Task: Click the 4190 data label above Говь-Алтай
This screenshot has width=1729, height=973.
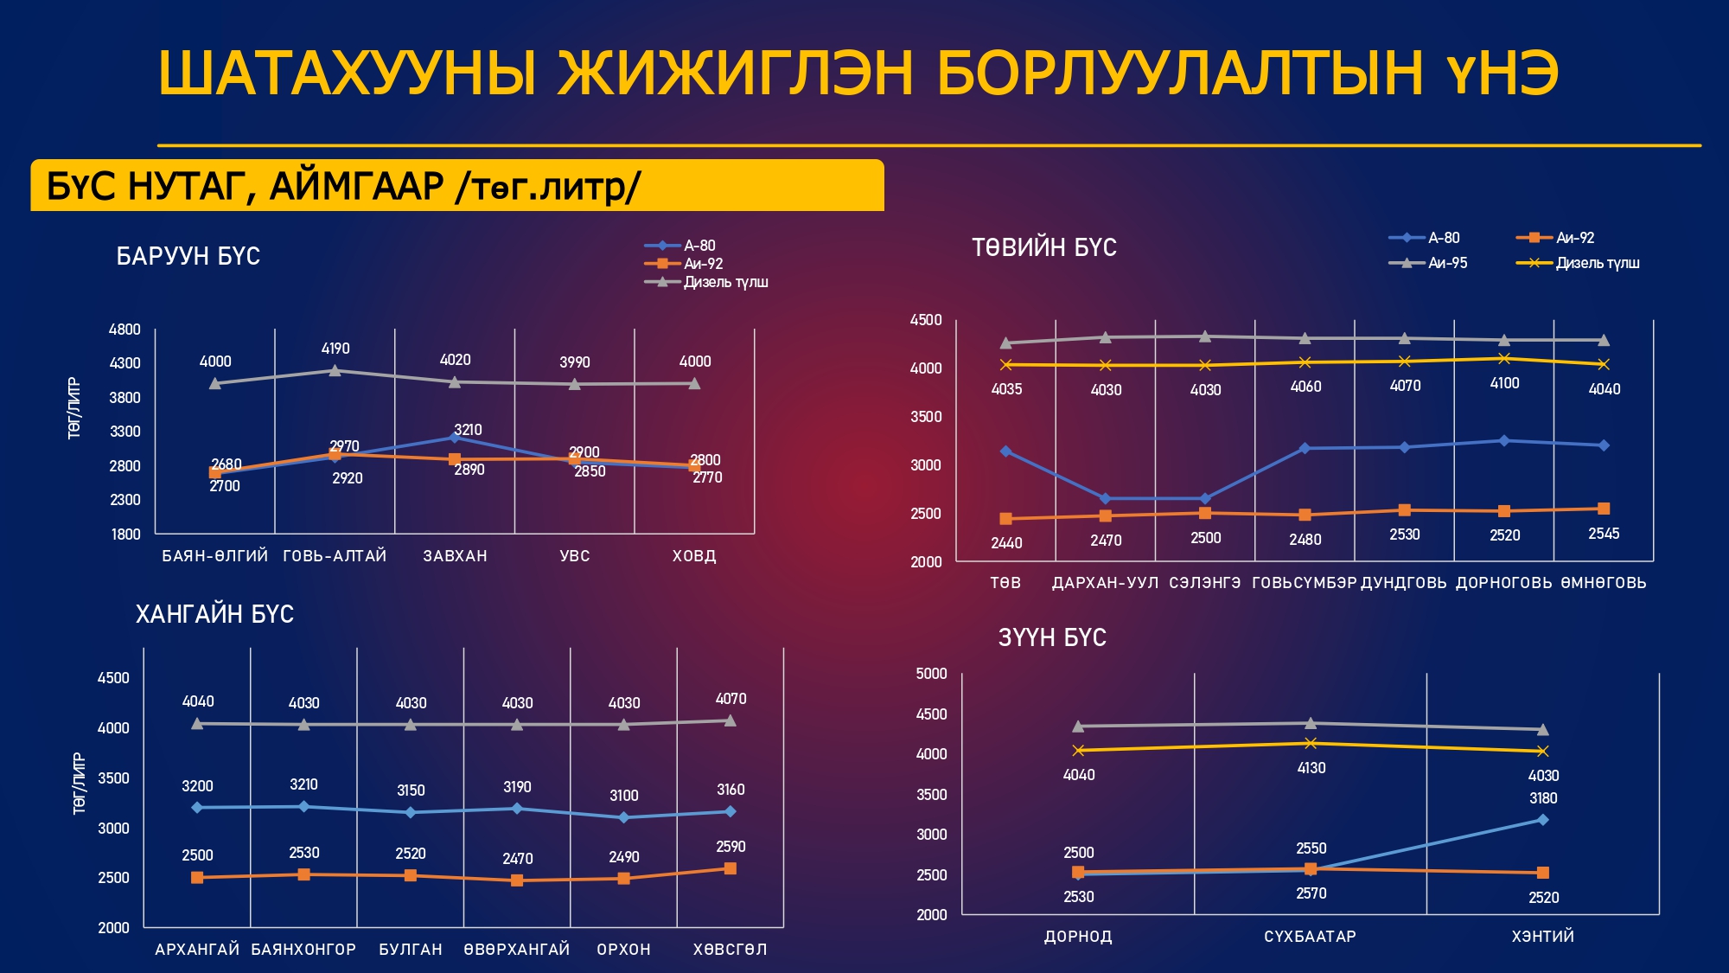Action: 335,349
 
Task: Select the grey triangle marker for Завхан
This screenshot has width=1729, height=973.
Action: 455,381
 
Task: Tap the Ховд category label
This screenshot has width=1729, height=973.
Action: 694,556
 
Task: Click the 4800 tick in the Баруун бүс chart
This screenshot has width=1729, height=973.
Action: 124,330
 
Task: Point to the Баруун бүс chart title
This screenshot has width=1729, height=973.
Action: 188,256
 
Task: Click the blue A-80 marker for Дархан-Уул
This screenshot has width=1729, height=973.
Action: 1105,498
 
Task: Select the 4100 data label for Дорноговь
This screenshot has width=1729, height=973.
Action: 1504,383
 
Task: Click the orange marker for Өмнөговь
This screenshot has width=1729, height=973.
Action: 1604,509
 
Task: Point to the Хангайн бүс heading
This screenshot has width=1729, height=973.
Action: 214,614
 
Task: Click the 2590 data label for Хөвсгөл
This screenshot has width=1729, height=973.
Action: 731,847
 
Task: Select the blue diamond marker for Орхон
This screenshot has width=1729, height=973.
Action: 624,817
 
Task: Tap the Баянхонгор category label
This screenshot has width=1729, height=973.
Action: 303,950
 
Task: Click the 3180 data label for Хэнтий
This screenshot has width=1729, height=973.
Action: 1543,798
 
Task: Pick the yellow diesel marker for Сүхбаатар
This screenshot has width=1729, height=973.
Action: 1311,743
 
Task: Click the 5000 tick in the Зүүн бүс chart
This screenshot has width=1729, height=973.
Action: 931,674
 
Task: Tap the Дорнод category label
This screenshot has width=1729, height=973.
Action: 1078,937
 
